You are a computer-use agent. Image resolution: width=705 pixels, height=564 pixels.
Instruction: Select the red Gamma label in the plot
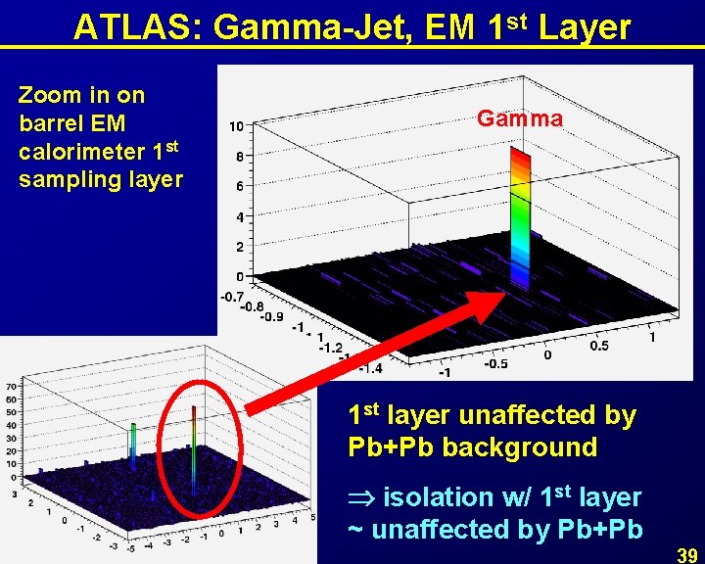point(520,119)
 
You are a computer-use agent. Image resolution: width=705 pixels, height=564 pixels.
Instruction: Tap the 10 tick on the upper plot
point(237,127)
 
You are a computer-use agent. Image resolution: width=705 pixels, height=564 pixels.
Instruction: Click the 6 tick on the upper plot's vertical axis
point(238,186)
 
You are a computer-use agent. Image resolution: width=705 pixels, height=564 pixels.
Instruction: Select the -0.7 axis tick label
point(231,295)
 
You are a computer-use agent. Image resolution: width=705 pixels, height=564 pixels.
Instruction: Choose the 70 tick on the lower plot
point(12,386)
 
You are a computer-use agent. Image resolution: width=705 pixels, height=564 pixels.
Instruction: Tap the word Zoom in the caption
point(48,95)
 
